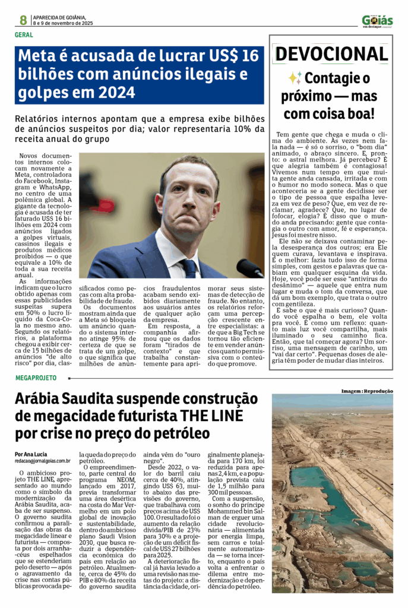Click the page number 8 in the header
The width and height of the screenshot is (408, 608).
click(x=23, y=20)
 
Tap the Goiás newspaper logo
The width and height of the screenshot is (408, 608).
click(x=377, y=21)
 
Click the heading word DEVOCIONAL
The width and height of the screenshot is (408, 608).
click(x=331, y=54)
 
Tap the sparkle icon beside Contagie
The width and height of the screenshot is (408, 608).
click(x=295, y=78)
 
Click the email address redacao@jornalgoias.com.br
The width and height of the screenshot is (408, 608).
click(x=43, y=460)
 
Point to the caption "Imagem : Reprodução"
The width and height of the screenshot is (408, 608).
click(x=367, y=391)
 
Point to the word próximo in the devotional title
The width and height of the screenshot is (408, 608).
click(x=311, y=96)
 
